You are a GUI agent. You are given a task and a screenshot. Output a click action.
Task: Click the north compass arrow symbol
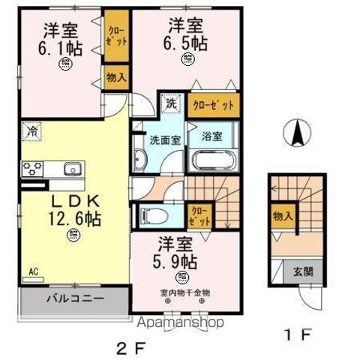298,134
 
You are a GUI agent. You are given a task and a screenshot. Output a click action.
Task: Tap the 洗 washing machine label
171,103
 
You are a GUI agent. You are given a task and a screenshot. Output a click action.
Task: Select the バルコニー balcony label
77,298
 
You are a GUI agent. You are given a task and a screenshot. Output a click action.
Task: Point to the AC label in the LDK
34,271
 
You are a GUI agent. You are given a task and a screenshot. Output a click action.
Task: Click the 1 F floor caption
296,334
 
